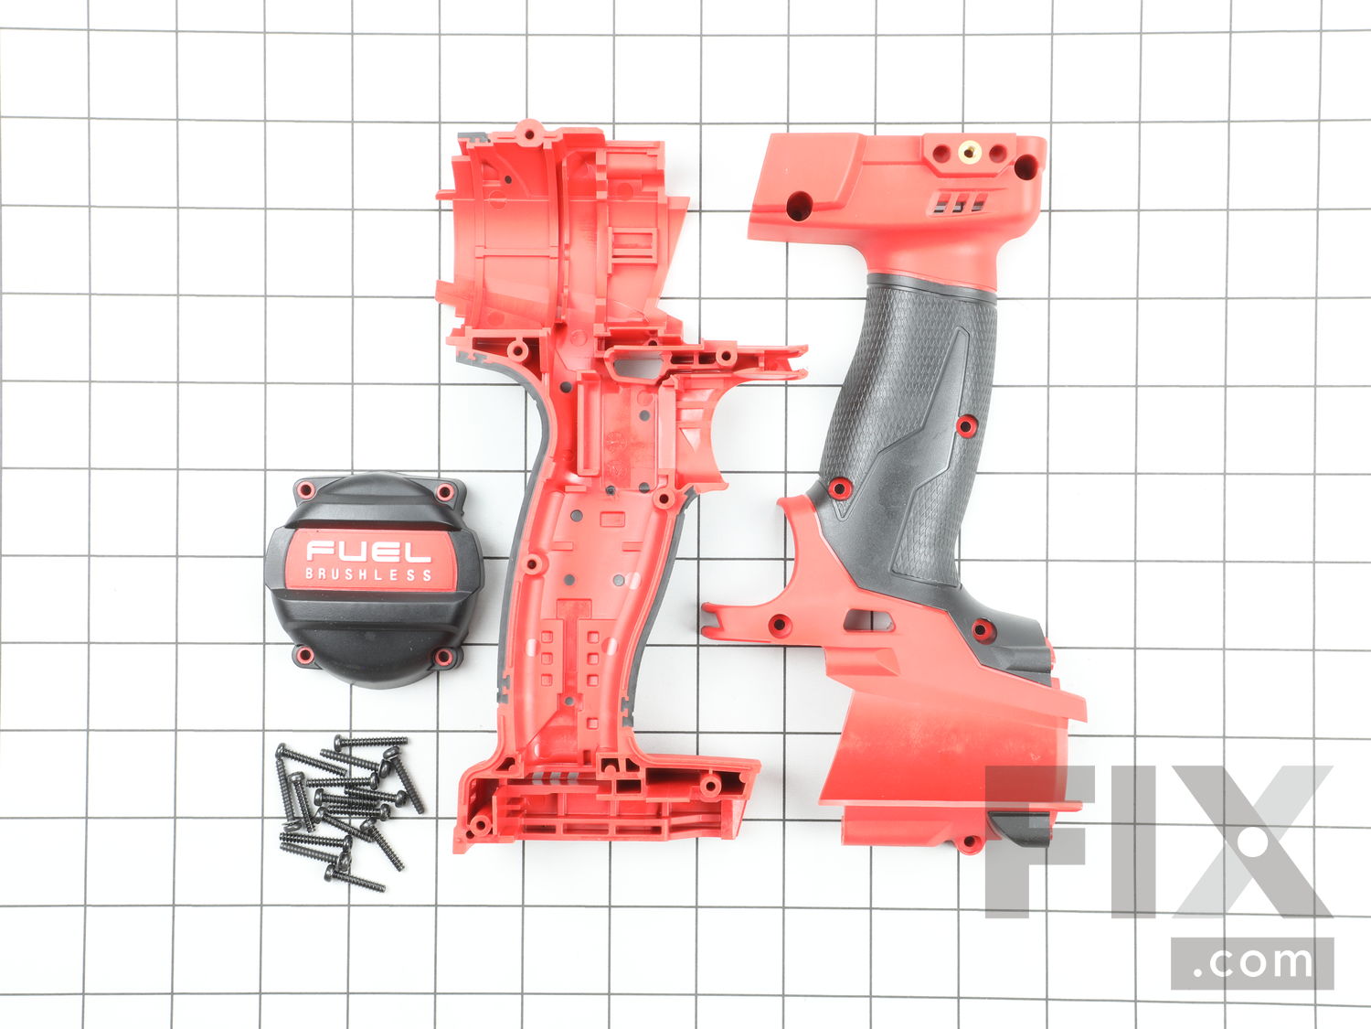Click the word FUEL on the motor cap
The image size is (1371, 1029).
[368, 551]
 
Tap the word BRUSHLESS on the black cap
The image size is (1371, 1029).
[368, 574]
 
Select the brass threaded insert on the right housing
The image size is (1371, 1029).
[969, 151]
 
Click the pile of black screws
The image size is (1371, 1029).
[350, 811]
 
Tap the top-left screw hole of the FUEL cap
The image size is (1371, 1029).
[305, 489]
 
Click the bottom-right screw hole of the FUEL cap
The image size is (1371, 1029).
[443, 657]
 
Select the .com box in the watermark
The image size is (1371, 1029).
[1252, 963]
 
